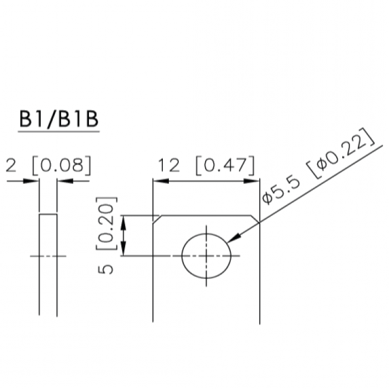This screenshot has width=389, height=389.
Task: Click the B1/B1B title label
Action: click(59, 119)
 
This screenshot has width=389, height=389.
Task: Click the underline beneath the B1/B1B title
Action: click(59, 131)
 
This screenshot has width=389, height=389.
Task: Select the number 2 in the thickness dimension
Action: click(11, 166)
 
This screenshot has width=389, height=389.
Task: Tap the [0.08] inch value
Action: click(62, 166)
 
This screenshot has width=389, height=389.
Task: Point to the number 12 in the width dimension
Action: click(169, 166)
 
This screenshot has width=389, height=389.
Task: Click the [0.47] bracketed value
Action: click(225, 166)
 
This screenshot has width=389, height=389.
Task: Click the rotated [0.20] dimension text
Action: click(106, 223)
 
